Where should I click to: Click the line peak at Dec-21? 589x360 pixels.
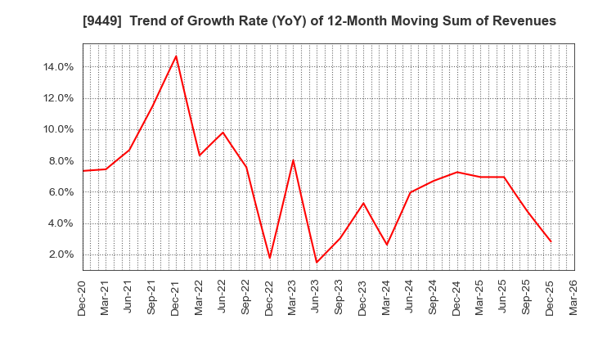coord(176,56)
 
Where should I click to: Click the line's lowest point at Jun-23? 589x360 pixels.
coord(317,263)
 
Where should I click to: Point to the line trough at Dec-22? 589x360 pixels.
coord(270,259)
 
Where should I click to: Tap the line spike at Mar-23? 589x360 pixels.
coord(293,160)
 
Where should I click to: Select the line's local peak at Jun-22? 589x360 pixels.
coord(223,132)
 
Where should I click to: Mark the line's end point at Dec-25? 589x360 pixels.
coord(551,241)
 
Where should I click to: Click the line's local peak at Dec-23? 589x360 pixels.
coord(363,203)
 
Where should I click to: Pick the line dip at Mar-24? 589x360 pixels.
coord(387,245)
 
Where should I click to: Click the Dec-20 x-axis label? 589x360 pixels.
coord(83,298)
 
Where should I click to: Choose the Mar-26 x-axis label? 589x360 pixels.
coord(574,298)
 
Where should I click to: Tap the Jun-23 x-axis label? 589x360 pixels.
coord(317,298)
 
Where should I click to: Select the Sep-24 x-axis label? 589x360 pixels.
coord(434,298)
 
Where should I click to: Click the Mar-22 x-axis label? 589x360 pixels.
coord(200,298)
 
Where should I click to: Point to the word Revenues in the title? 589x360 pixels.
coord(524,21)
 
